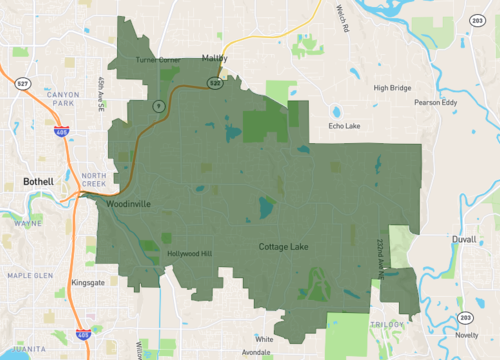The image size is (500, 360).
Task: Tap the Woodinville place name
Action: pos(127,204)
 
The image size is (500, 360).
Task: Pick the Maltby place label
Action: pos(215,58)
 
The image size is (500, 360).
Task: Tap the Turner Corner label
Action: pos(159,61)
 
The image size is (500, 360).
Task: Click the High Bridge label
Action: pos(392,88)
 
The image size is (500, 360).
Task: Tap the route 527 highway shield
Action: pos(22,85)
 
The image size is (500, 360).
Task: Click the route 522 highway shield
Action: pos(215,81)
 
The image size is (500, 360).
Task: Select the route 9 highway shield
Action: pos(157,105)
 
